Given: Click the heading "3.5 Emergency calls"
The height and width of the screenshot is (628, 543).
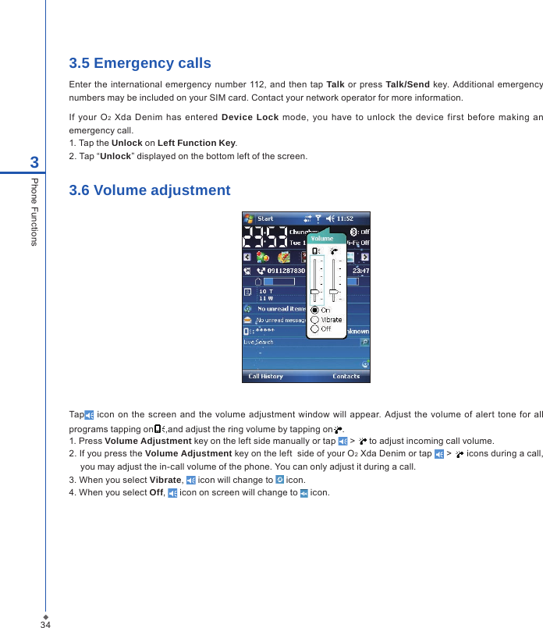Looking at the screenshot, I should pyautogui.click(x=140, y=63).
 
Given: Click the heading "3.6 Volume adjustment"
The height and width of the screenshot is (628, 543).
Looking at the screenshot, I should pyautogui.click(x=150, y=190).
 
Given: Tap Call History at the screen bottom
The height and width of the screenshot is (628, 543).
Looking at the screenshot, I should pyautogui.click(x=265, y=376).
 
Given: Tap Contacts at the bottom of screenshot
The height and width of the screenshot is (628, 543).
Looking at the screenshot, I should pyautogui.click(x=346, y=376).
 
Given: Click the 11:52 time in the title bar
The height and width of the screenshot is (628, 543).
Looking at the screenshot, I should pyautogui.click(x=345, y=218).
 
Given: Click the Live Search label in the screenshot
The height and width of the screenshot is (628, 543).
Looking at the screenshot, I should pyautogui.click(x=258, y=342).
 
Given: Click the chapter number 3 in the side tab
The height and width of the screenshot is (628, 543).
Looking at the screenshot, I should pyautogui.click(x=34, y=163).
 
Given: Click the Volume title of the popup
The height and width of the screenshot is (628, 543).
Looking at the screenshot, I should pyautogui.click(x=322, y=239).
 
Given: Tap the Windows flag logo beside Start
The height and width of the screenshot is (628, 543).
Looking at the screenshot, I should pyautogui.click(x=250, y=218).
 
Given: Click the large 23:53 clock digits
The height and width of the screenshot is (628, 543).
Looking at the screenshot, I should pyautogui.click(x=264, y=236).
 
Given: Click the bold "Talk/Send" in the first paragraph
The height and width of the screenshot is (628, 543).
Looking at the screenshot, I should pyautogui.click(x=407, y=84).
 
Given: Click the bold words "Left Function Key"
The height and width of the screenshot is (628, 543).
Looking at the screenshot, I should pyautogui.click(x=197, y=143).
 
